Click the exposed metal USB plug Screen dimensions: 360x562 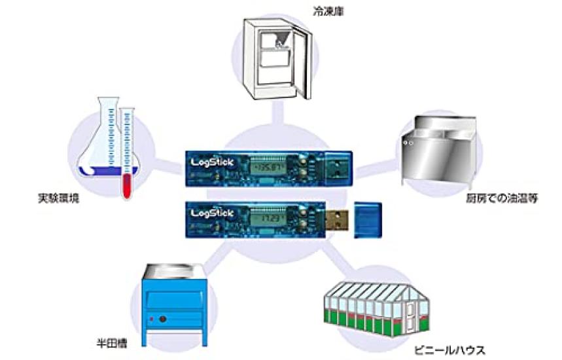(x=336, y=217)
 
